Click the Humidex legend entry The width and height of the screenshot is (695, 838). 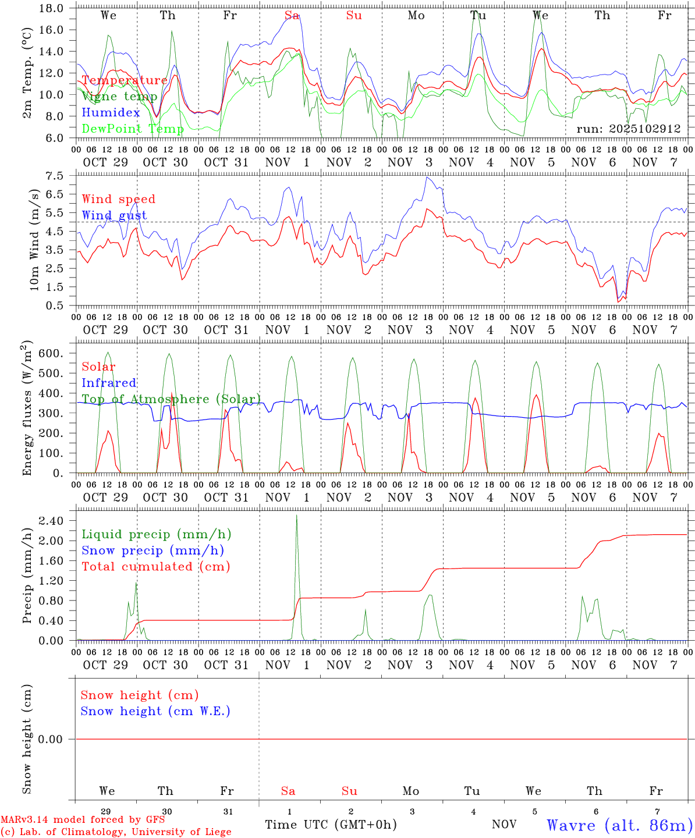click(111, 112)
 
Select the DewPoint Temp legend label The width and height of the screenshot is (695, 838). click(133, 129)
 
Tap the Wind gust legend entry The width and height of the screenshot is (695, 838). click(114, 215)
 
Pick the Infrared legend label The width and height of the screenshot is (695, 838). click(109, 383)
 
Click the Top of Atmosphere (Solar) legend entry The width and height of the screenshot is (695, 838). click(171, 399)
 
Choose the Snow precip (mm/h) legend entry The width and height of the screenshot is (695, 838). click(153, 551)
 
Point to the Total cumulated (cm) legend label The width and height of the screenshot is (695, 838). click(155, 567)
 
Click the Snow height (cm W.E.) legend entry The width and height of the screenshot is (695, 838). click(155, 711)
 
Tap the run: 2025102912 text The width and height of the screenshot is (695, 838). click(628, 129)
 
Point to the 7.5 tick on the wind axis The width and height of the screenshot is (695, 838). click(56, 176)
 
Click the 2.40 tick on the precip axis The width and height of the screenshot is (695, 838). click(51, 521)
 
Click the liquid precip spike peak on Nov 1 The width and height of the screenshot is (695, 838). click(296, 516)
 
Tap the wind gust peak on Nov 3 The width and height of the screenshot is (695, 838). click(427, 177)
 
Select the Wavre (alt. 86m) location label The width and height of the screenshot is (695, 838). click(620, 825)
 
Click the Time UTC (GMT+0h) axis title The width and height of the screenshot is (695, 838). click(331, 825)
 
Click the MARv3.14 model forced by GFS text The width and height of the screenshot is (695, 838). click(83, 819)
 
